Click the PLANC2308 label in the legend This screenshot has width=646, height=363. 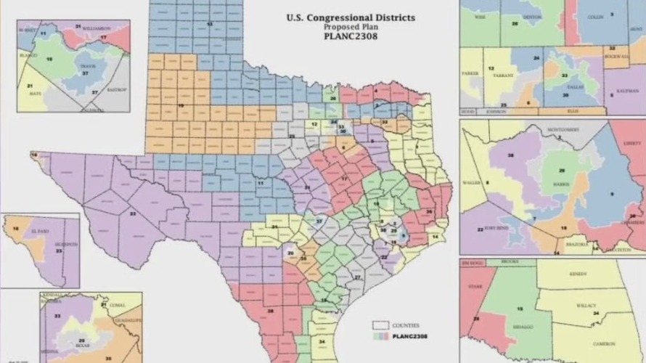coord(406,336)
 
